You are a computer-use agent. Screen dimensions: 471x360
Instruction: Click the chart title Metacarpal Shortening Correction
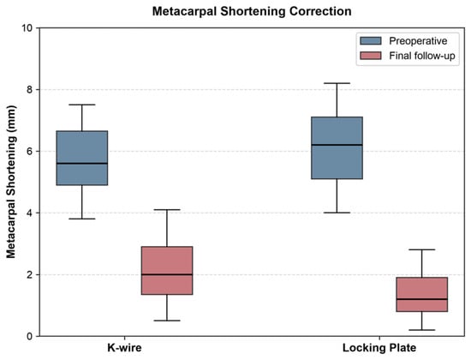click(252, 11)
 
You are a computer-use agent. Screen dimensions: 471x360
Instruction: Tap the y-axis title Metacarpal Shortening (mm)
click(11, 182)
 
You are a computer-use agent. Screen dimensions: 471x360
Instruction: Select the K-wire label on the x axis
click(124, 348)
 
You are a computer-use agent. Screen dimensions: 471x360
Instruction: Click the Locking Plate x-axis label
click(379, 348)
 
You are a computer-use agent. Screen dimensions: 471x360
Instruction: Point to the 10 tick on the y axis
click(27, 28)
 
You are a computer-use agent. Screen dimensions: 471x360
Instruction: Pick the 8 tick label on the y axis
click(29, 90)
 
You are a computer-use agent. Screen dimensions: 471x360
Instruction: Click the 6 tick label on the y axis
click(29, 151)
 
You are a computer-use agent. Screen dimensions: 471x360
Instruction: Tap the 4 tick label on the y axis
click(29, 213)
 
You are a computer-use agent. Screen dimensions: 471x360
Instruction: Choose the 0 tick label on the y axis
click(29, 336)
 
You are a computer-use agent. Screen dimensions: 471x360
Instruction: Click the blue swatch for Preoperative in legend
click(371, 41)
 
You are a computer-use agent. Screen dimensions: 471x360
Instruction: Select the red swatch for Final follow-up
click(371, 56)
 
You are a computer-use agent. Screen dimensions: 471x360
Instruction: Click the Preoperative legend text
click(418, 41)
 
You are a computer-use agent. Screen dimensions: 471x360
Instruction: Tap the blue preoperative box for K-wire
click(82, 158)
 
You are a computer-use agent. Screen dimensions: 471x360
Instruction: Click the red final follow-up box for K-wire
click(167, 270)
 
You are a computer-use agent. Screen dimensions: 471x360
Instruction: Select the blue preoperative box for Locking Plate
click(337, 147)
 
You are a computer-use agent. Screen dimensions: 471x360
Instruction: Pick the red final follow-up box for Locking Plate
click(422, 295)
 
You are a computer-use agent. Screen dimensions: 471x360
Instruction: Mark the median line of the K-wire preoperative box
click(82, 164)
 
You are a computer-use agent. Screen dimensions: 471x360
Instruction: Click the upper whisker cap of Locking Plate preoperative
click(337, 83)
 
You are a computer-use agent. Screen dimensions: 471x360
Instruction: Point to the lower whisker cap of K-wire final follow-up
click(167, 321)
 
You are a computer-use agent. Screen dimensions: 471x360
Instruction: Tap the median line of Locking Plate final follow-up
click(422, 299)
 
